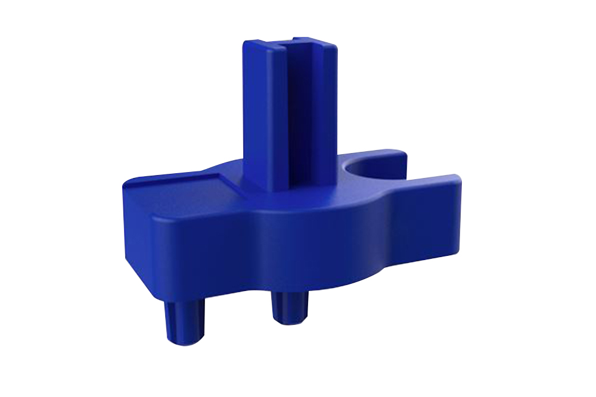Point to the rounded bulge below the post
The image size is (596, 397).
tap(286, 238)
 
